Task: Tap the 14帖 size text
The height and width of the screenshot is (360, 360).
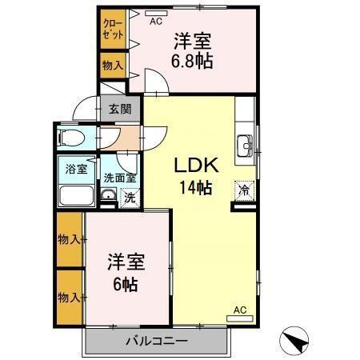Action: [195, 189]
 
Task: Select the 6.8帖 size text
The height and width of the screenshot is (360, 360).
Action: [193, 61]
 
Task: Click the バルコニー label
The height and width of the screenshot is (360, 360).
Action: [157, 342]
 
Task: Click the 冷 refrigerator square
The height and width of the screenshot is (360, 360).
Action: [242, 192]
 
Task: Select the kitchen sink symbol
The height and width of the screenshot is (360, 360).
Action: [244, 146]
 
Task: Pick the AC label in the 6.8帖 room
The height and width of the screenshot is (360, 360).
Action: [157, 22]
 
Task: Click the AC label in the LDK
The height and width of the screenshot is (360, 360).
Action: [239, 310]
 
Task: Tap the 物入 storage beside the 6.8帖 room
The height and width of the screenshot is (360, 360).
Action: [112, 66]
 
